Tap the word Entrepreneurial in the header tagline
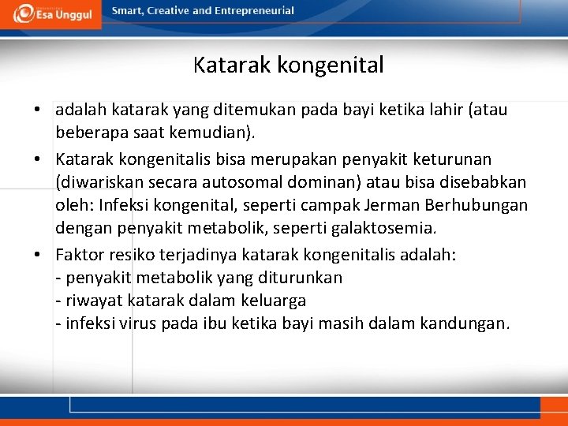(254, 11)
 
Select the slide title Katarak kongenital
(288, 65)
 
